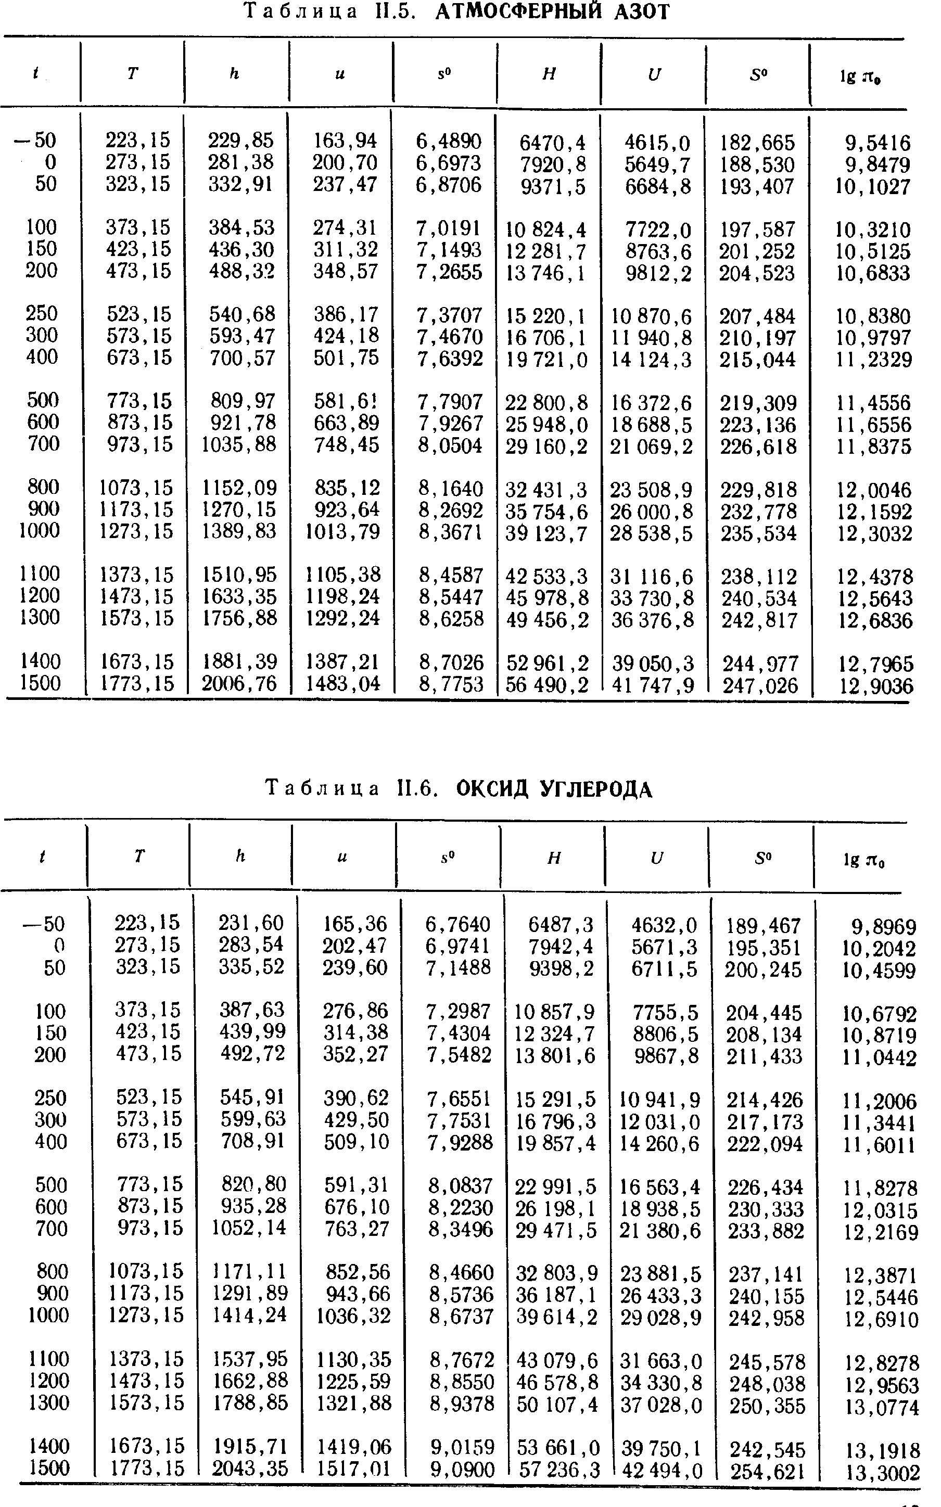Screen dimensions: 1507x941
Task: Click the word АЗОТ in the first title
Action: point(642,12)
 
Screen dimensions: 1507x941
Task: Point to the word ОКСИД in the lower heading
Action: point(492,789)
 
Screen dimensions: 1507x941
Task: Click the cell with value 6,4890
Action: point(449,141)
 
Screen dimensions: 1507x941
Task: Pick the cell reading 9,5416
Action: point(878,143)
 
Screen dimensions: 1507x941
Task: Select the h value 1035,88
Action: point(239,444)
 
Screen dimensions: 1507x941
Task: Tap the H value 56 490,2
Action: point(548,685)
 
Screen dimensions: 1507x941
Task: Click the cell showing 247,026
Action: point(760,686)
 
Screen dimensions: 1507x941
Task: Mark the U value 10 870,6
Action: point(652,317)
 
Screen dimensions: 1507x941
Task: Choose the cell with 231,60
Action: point(251,922)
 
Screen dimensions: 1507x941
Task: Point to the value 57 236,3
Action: point(557,1470)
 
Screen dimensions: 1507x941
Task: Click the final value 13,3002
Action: point(883,1473)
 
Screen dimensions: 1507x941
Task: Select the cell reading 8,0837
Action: point(460,1185)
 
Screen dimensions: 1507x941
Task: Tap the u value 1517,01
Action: point(353,1470)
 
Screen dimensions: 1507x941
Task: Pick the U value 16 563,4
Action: point(660,1186)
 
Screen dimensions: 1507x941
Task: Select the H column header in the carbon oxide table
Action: point(554,858)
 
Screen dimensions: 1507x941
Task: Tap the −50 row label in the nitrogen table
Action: point(36,141)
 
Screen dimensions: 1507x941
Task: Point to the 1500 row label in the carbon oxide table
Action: point(49,1468)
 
